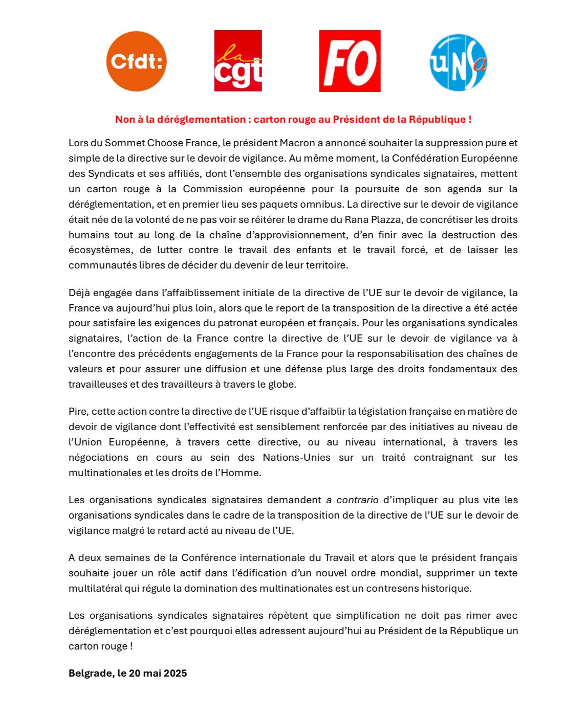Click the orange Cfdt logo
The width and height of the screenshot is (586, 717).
136,61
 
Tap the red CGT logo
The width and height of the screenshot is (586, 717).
238,61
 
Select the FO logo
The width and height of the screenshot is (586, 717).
350,61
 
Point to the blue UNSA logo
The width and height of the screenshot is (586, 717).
458,62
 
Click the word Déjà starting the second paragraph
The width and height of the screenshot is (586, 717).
80,293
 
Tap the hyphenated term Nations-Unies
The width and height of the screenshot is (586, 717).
296,457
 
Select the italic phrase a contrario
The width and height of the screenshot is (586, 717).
353,500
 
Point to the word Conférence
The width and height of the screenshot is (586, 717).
209,557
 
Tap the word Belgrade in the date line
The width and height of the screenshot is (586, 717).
90,673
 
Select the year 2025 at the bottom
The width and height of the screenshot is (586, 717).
175,673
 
